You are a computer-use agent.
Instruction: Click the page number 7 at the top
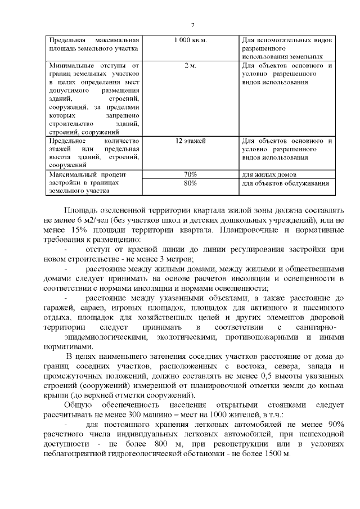[x=192, y=25]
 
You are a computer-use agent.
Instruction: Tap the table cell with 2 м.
[x=190, y=66]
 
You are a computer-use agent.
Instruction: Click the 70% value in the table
[x=190, y=174]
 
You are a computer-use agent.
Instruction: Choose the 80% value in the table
[x=190, y=183]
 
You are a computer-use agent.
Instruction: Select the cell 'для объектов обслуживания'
[x=285, y=183]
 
